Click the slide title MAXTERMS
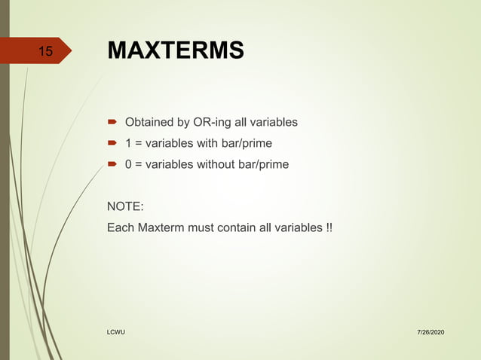click(176, 50)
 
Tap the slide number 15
click(45, 52)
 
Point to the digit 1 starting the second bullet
click(128, 143)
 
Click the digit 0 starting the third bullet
click(128, 164)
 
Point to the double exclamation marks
click(326, 227)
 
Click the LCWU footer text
click(115, 332)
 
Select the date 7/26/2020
click(429, 332)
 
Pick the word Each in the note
click(121, 227)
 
